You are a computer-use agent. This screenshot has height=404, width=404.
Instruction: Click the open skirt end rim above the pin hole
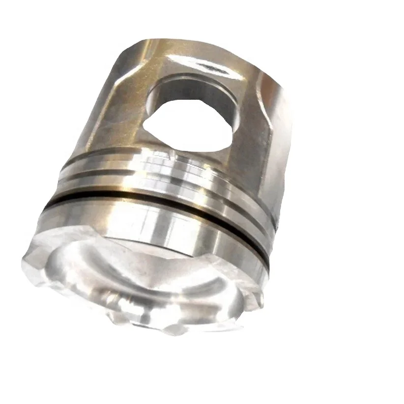162,49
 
